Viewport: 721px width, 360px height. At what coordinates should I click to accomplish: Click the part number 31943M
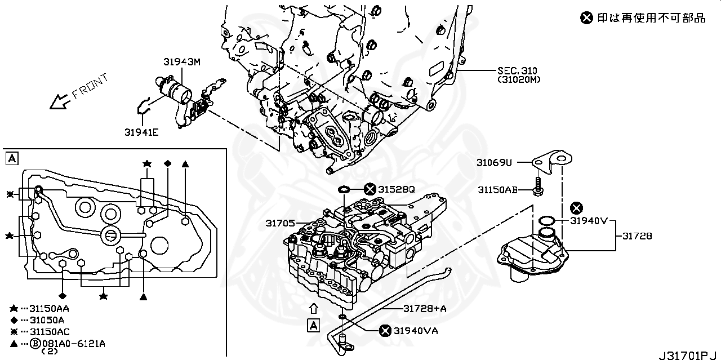pos(182,63)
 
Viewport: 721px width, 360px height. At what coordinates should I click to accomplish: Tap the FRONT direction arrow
pos(59,101)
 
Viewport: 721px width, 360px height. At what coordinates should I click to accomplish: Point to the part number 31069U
pos(494,163)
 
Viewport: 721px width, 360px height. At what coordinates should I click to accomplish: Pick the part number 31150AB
pos(498,190)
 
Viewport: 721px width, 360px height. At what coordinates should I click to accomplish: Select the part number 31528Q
pos(397,190)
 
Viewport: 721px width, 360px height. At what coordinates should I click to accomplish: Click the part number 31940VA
pos(416,331)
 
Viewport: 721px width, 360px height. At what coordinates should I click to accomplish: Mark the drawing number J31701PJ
pos(689,355)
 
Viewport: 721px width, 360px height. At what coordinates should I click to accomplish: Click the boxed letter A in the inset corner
pos(11,158)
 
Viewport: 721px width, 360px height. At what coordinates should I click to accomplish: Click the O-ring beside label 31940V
pos(546,220)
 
